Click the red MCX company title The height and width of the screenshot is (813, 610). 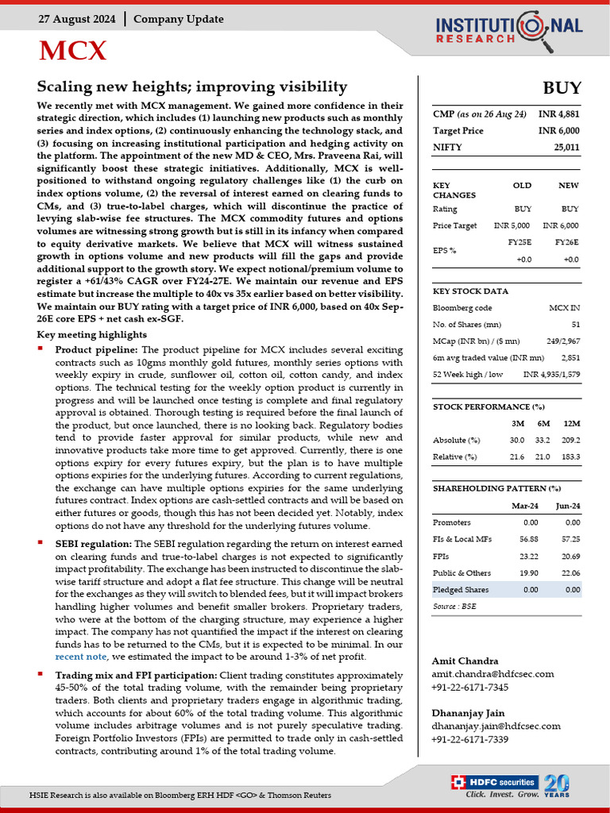[73, 51]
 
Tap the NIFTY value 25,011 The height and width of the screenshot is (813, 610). [566, 147]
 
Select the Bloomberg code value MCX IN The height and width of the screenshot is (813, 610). [564, 308]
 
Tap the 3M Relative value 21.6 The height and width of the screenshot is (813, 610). [516, 457]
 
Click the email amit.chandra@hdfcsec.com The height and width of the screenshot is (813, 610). [492, 674]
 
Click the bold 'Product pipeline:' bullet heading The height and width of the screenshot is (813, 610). [96, 349]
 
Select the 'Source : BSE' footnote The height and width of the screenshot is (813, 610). [455, 606]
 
